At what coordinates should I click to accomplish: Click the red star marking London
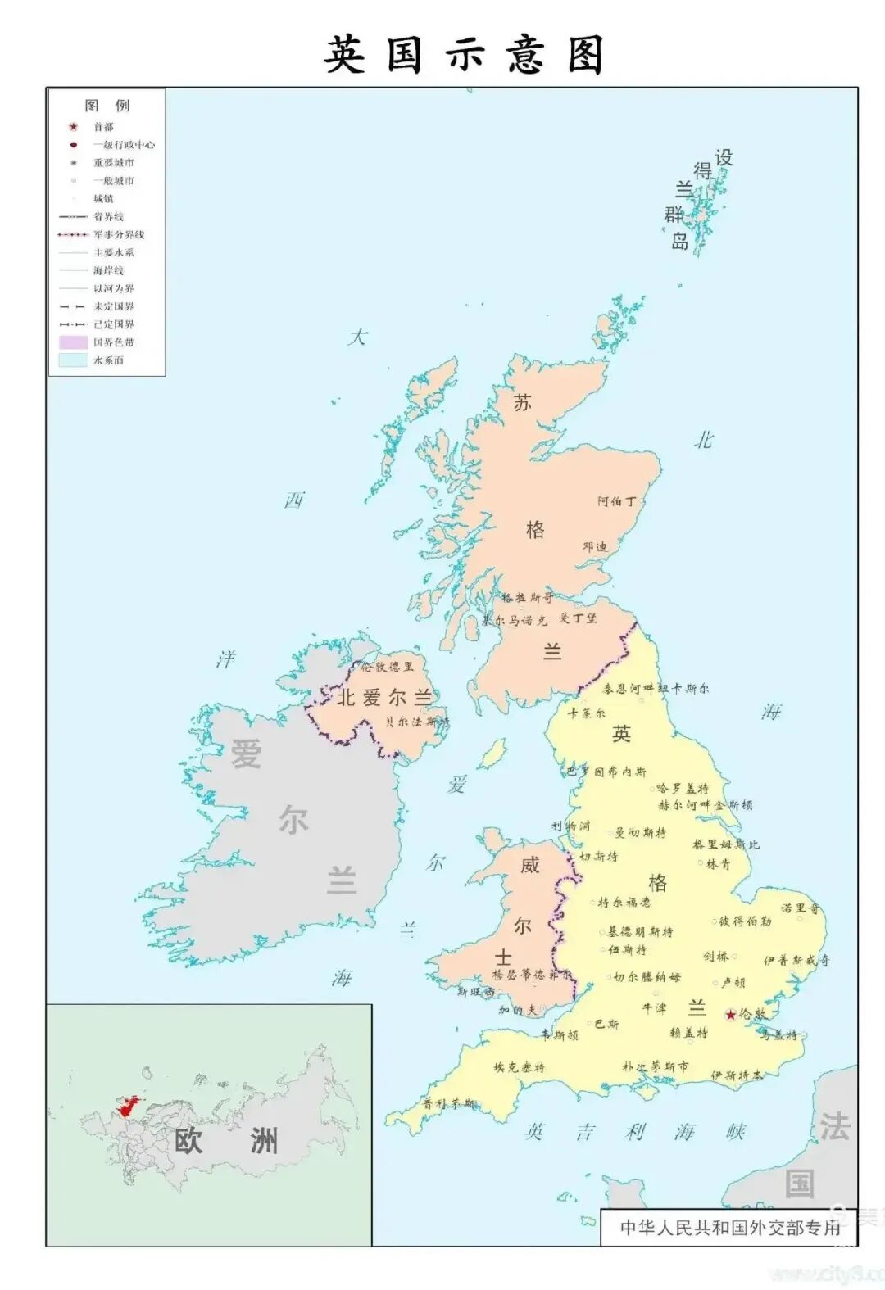tap(730, 1015)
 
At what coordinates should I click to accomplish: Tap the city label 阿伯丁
tap(616, 501)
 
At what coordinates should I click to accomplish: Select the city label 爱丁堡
tap(579, 618)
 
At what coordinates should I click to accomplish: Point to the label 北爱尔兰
tap(384, 698)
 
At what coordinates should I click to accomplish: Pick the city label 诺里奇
tap(800, 908)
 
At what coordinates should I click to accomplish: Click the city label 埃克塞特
tap(519, 1067)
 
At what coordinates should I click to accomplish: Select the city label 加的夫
tap(517, 1010)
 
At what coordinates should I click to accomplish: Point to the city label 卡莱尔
tap(587, 713)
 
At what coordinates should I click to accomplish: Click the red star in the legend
tap(74, 127)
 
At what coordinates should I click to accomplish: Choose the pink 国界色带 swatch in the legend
tap(73, 342)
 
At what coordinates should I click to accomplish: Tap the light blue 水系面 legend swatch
tap(73, 360)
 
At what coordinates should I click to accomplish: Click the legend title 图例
tap(107, 106)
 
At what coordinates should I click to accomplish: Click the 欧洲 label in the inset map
tap(226, 1140)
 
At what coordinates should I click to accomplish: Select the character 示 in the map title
tap(465, 56)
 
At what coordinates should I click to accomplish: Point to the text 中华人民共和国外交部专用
tap(730, 1227)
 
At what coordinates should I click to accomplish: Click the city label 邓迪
tap(595, 546)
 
